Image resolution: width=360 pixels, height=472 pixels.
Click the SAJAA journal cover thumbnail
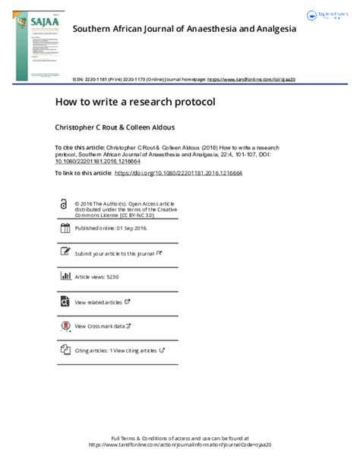pyautogui.click(x=37, y=45)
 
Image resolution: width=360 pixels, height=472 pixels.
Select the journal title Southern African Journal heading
pyautogui.click(x=184, y=28)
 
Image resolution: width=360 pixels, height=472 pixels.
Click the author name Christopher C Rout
pyautogui.click(x=84, y=124)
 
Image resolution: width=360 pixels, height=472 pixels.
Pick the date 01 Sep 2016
pyautogui.click(x=131, y=228)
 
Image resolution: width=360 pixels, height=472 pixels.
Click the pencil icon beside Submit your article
pyautogui.click(x=65, y=253)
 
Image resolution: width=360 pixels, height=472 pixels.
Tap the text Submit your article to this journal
pyautogui.click(x=114, y=253)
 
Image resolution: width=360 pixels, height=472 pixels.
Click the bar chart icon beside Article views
pyautogui.click(x=65, y=277)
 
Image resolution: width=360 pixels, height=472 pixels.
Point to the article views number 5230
pyautogui.click(x=112, y=278)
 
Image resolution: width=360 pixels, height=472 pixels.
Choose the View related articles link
pyautogui.click(x=99, y=302)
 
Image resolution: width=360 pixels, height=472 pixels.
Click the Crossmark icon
pyautogui.click(x=65, y=326)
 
